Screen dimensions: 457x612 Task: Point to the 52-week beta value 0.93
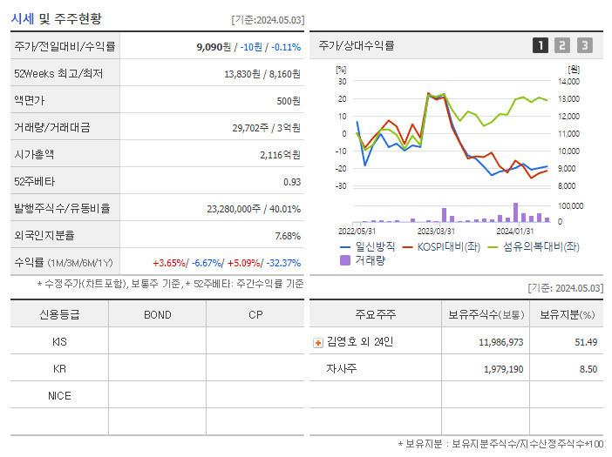(291, 182)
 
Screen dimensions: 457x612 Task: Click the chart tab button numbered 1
(541, 45)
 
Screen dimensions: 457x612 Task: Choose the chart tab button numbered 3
(584, 45)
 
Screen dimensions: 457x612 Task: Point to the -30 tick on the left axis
(341, 185)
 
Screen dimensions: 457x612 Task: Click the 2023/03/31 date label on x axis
(436, 231)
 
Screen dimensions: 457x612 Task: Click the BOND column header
(157, 314)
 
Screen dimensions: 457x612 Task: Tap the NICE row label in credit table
(59, 396)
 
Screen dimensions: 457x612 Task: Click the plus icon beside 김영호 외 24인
(317, 343)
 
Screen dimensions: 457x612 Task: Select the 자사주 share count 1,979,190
(500, 369)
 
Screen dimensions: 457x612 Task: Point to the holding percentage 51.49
(586, 342)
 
